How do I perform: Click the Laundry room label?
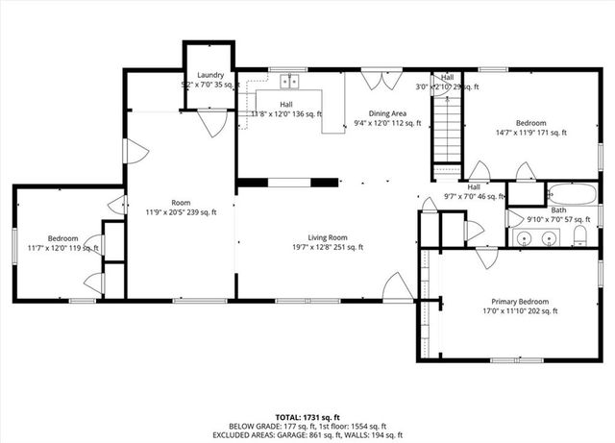[x=210, y=75]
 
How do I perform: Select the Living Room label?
[x=327, y=237]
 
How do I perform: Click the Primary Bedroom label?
[x=519, y=301]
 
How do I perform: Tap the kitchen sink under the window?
[x=290, y=81]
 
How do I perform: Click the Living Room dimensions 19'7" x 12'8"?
[x=327, y=247]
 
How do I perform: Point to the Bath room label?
[x=558, y=209]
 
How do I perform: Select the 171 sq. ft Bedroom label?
[x=530, y=123]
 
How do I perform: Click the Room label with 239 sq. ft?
[x=181, y=202]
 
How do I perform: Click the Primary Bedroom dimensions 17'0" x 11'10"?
[x=519, y=310]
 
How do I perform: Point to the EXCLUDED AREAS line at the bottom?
[x=307, y=435]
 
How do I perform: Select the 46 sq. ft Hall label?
[x=474, y=186]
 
